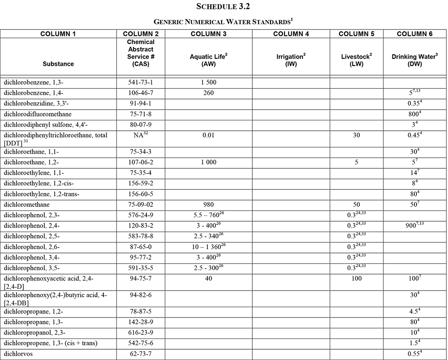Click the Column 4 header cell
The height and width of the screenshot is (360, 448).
pyautogui.click(x=291, y=34)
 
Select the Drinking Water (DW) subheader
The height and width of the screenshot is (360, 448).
pyautogui.click(x=415, y=60)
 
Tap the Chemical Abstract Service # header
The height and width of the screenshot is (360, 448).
pyautogui.click(x=140, y=53)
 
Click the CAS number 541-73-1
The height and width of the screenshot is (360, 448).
pyautogui.click(x=140, y=82)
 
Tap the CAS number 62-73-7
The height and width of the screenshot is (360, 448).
pyautogui.click(x=140, y=355)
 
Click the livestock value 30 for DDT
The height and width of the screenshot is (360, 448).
pyautogui.click(x=356, y=135)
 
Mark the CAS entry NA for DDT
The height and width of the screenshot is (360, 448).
pyautogui.click(x=140, y=135)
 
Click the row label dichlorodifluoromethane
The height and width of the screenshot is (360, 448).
pyautogui.click(x=37, y=114)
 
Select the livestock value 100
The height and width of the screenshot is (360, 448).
pyautogui.click(x=356, y=279)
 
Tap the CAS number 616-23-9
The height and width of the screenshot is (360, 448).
pyautogui.click(x=140, y=333)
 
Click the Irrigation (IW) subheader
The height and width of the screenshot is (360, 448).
pyautogui.click(x=291, y=60)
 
